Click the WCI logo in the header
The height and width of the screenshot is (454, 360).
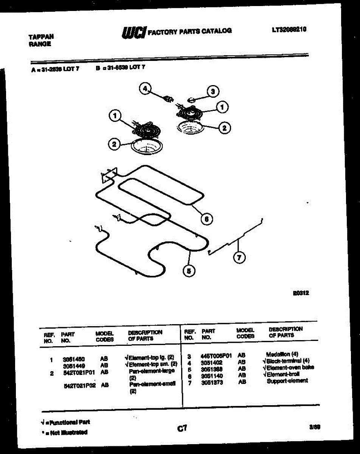coord(133,33)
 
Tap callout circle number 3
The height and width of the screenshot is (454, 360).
coord(213,91)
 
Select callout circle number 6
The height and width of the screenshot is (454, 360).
coord(206,219)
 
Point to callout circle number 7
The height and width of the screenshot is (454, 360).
coord(239,258)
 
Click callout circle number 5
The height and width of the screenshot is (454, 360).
coord(189,271)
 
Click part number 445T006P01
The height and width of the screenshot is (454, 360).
coord(216,355)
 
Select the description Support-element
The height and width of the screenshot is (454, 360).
coord(287,381)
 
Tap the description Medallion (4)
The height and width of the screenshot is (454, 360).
coord(282,354)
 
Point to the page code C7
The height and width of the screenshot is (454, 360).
coord(182,428)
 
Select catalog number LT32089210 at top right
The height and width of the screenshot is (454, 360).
coord(289,28)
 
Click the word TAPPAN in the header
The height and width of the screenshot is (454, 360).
coord(41,37)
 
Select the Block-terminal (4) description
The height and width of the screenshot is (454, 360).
coord(286,361)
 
